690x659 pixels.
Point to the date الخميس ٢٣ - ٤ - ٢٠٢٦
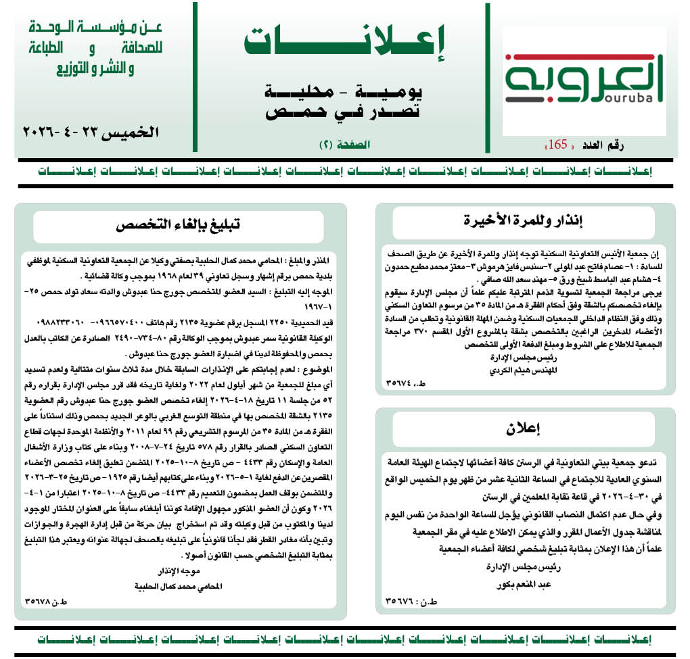click(x=91, y=131)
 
